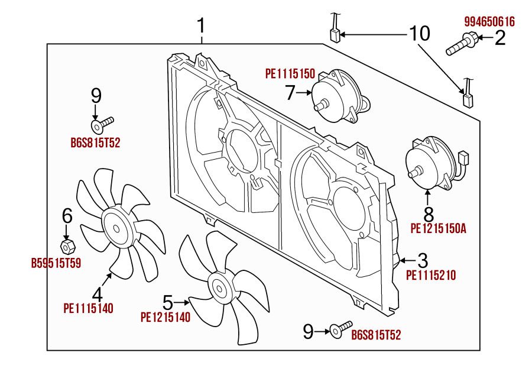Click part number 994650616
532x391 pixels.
coord(489,22)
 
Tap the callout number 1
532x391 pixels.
coord(202,26)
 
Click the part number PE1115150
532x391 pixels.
coord(290,75)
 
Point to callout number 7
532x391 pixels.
coord(290,92)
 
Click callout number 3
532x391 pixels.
coord(423,260)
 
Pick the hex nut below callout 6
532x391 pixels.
coord(67,244)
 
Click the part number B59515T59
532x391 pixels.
coord(56,262)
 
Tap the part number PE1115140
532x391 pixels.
coord(88,308)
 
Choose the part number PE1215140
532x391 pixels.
coord(166,317)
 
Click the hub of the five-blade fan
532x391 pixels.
coord(219,289)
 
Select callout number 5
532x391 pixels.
coord(168,303)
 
